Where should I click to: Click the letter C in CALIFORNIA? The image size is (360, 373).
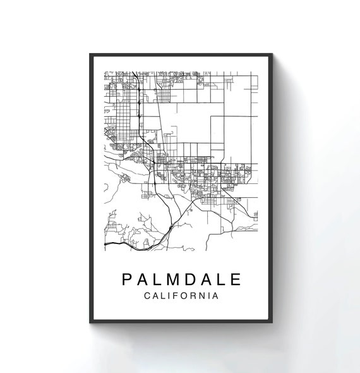(147, 296)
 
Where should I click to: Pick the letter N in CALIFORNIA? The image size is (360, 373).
(199, 296)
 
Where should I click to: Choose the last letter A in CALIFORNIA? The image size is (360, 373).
(215, 296)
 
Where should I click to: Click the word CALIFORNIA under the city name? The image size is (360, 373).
(181, 296)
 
